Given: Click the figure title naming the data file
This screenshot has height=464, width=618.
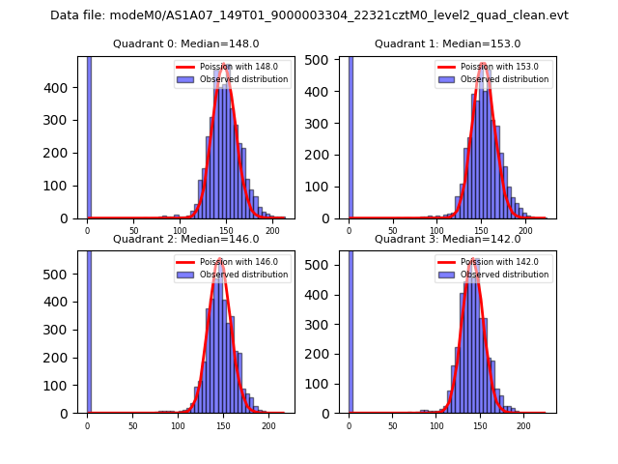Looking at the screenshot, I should (309, 15).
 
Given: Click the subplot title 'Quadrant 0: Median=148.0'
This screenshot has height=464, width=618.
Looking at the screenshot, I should (185, 43).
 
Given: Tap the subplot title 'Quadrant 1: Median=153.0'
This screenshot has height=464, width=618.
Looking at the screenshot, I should (447, 43).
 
